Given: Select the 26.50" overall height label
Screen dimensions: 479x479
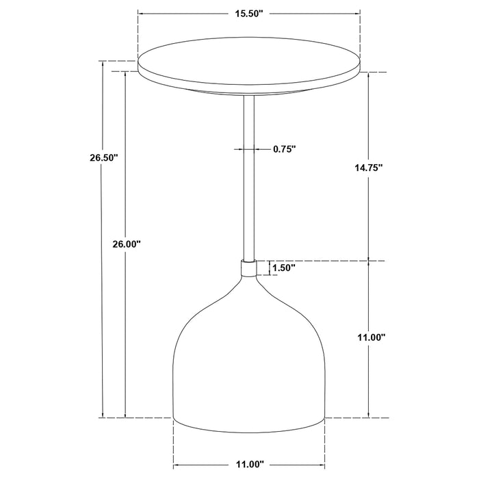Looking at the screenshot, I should tap(104, 157).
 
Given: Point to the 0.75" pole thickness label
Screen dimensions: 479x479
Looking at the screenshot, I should tap(284, 148).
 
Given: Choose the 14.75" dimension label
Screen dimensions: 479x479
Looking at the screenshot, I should tap(369, 167).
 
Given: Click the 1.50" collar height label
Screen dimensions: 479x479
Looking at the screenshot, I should tap(283, 268).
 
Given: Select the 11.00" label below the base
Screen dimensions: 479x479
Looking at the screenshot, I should tap(248, 464).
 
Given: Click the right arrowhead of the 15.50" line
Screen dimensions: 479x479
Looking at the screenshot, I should tap(358, 13).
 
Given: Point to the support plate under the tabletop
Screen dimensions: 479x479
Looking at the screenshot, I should tap(250, 91).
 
